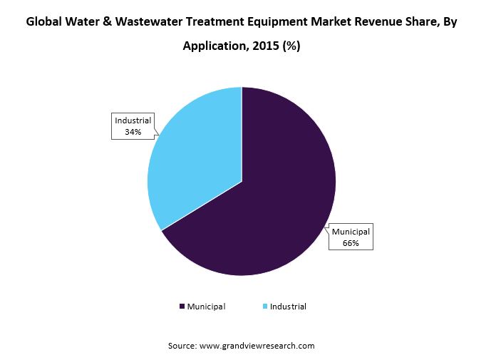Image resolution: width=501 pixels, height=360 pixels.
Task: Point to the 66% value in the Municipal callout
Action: click(350, 243)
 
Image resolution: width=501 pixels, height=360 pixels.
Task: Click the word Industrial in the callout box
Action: click(133, 120)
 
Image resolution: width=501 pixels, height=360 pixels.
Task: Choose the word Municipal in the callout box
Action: click(350, 232)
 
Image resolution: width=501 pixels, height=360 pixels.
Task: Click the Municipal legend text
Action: click(206, 307)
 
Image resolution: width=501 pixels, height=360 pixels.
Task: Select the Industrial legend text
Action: click(288, 307)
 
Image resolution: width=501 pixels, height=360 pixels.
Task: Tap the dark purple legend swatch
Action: click(182, 307)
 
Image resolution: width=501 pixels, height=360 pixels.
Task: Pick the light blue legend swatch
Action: click(266, 307)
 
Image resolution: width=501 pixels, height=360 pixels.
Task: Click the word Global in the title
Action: click(46, 22)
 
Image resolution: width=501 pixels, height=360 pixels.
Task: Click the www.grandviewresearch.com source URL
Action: click(257, 346)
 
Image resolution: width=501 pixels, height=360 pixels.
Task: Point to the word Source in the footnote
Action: click(182, 346)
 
